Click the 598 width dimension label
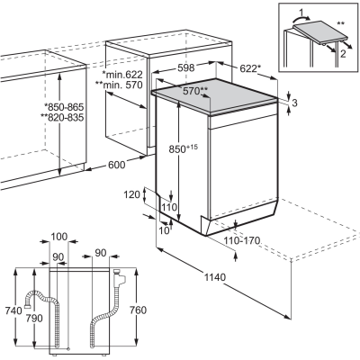click(x=186, y=67)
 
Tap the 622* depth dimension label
click(x=248, y=68)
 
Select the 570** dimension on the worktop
click(x=195, y=91)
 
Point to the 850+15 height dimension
click(x=184, y=148)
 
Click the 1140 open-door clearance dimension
click(x=215, y=277)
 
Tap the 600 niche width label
click(x=116, y=165)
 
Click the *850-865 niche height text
click(x=64, y=107)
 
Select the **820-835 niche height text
click(x=64, y=118)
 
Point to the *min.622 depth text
click(x=122, y=75)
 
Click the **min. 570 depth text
click(x=119, y=85)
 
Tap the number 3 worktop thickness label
click(x=294, y=103)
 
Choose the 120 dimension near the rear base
click(x=132, y=194)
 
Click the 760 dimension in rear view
click(x=138, y=310)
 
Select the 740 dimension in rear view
click(x=13, y=310)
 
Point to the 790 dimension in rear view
click(x=34, y=318)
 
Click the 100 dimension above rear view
click(x=59, y=237)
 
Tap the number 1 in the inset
click(x=302, y=13)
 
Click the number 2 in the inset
click(x=343, y=54)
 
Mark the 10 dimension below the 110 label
click(x=165, y=230)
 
